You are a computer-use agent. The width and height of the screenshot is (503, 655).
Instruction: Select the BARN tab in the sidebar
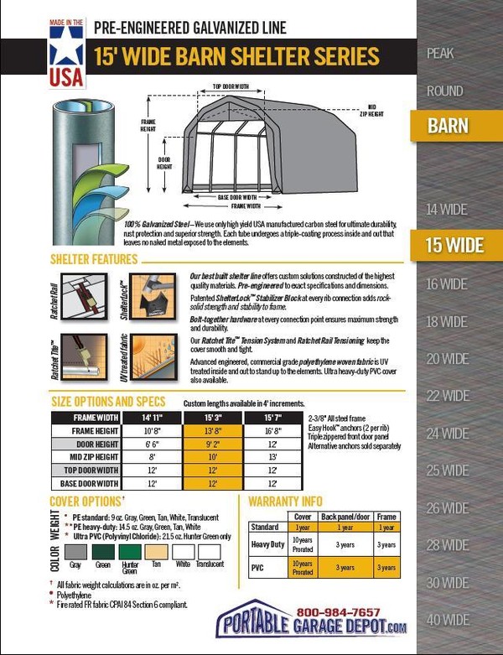[x=448, y=127]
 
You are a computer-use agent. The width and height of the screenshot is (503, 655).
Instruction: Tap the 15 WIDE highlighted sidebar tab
[x=454, y=246]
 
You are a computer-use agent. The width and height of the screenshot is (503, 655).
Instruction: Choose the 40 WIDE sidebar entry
[x=447, y=620]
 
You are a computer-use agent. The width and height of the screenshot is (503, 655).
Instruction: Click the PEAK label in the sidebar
[x=440, y=54]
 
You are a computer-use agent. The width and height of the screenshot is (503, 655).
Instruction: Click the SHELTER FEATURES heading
[x=94, y=259]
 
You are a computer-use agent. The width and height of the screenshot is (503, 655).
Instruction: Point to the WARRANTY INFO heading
[x=286, y=502]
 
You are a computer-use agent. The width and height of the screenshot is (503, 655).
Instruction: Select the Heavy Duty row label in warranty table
[x=268, y=545]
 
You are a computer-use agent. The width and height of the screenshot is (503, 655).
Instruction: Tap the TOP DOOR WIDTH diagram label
[x=230, y=86]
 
